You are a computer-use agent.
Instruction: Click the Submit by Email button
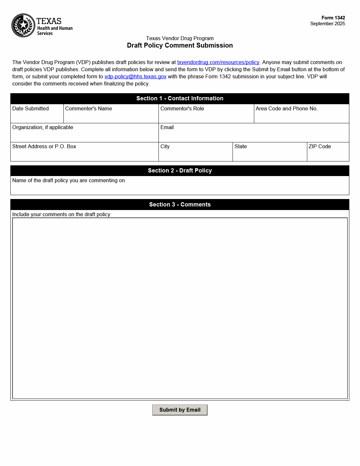pos(180,410)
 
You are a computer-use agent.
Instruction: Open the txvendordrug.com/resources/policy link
pos(218,62)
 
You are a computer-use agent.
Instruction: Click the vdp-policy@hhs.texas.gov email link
pos(135,77)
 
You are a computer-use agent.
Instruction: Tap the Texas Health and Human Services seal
pos(23,25)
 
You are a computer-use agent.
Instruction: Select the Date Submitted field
pos(37,116)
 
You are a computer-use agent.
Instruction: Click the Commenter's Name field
pos(111,116)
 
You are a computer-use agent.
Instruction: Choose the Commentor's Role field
pos(206,116)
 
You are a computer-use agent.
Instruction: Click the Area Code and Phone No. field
pos(301,116)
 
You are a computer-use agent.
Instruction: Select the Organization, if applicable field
pos(84,135)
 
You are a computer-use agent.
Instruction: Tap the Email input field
pos(254,135)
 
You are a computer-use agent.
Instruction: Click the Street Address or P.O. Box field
pos(84,154)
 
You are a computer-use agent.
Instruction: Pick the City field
pos(195,154)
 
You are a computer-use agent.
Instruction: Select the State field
pos(270,154)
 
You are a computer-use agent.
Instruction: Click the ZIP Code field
pos(328,154)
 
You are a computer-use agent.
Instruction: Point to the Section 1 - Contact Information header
pos(180,99)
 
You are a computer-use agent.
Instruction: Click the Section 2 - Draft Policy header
pos(180,171)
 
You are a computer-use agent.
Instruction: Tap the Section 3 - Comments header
pos(180,205)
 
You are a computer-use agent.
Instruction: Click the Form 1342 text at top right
pos(333,18)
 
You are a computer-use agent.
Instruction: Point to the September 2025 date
pos(327,24)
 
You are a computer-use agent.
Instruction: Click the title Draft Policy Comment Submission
pos(180,46)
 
